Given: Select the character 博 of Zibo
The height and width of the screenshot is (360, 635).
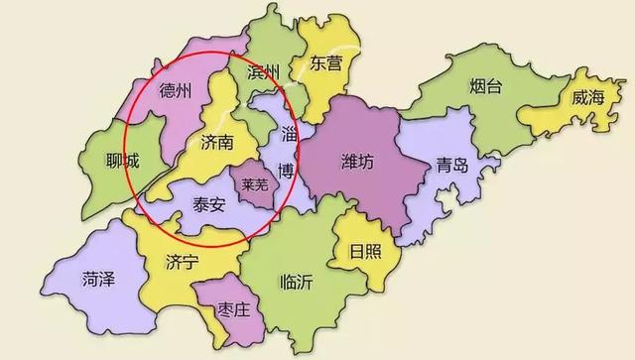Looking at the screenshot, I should pos(286,171).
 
